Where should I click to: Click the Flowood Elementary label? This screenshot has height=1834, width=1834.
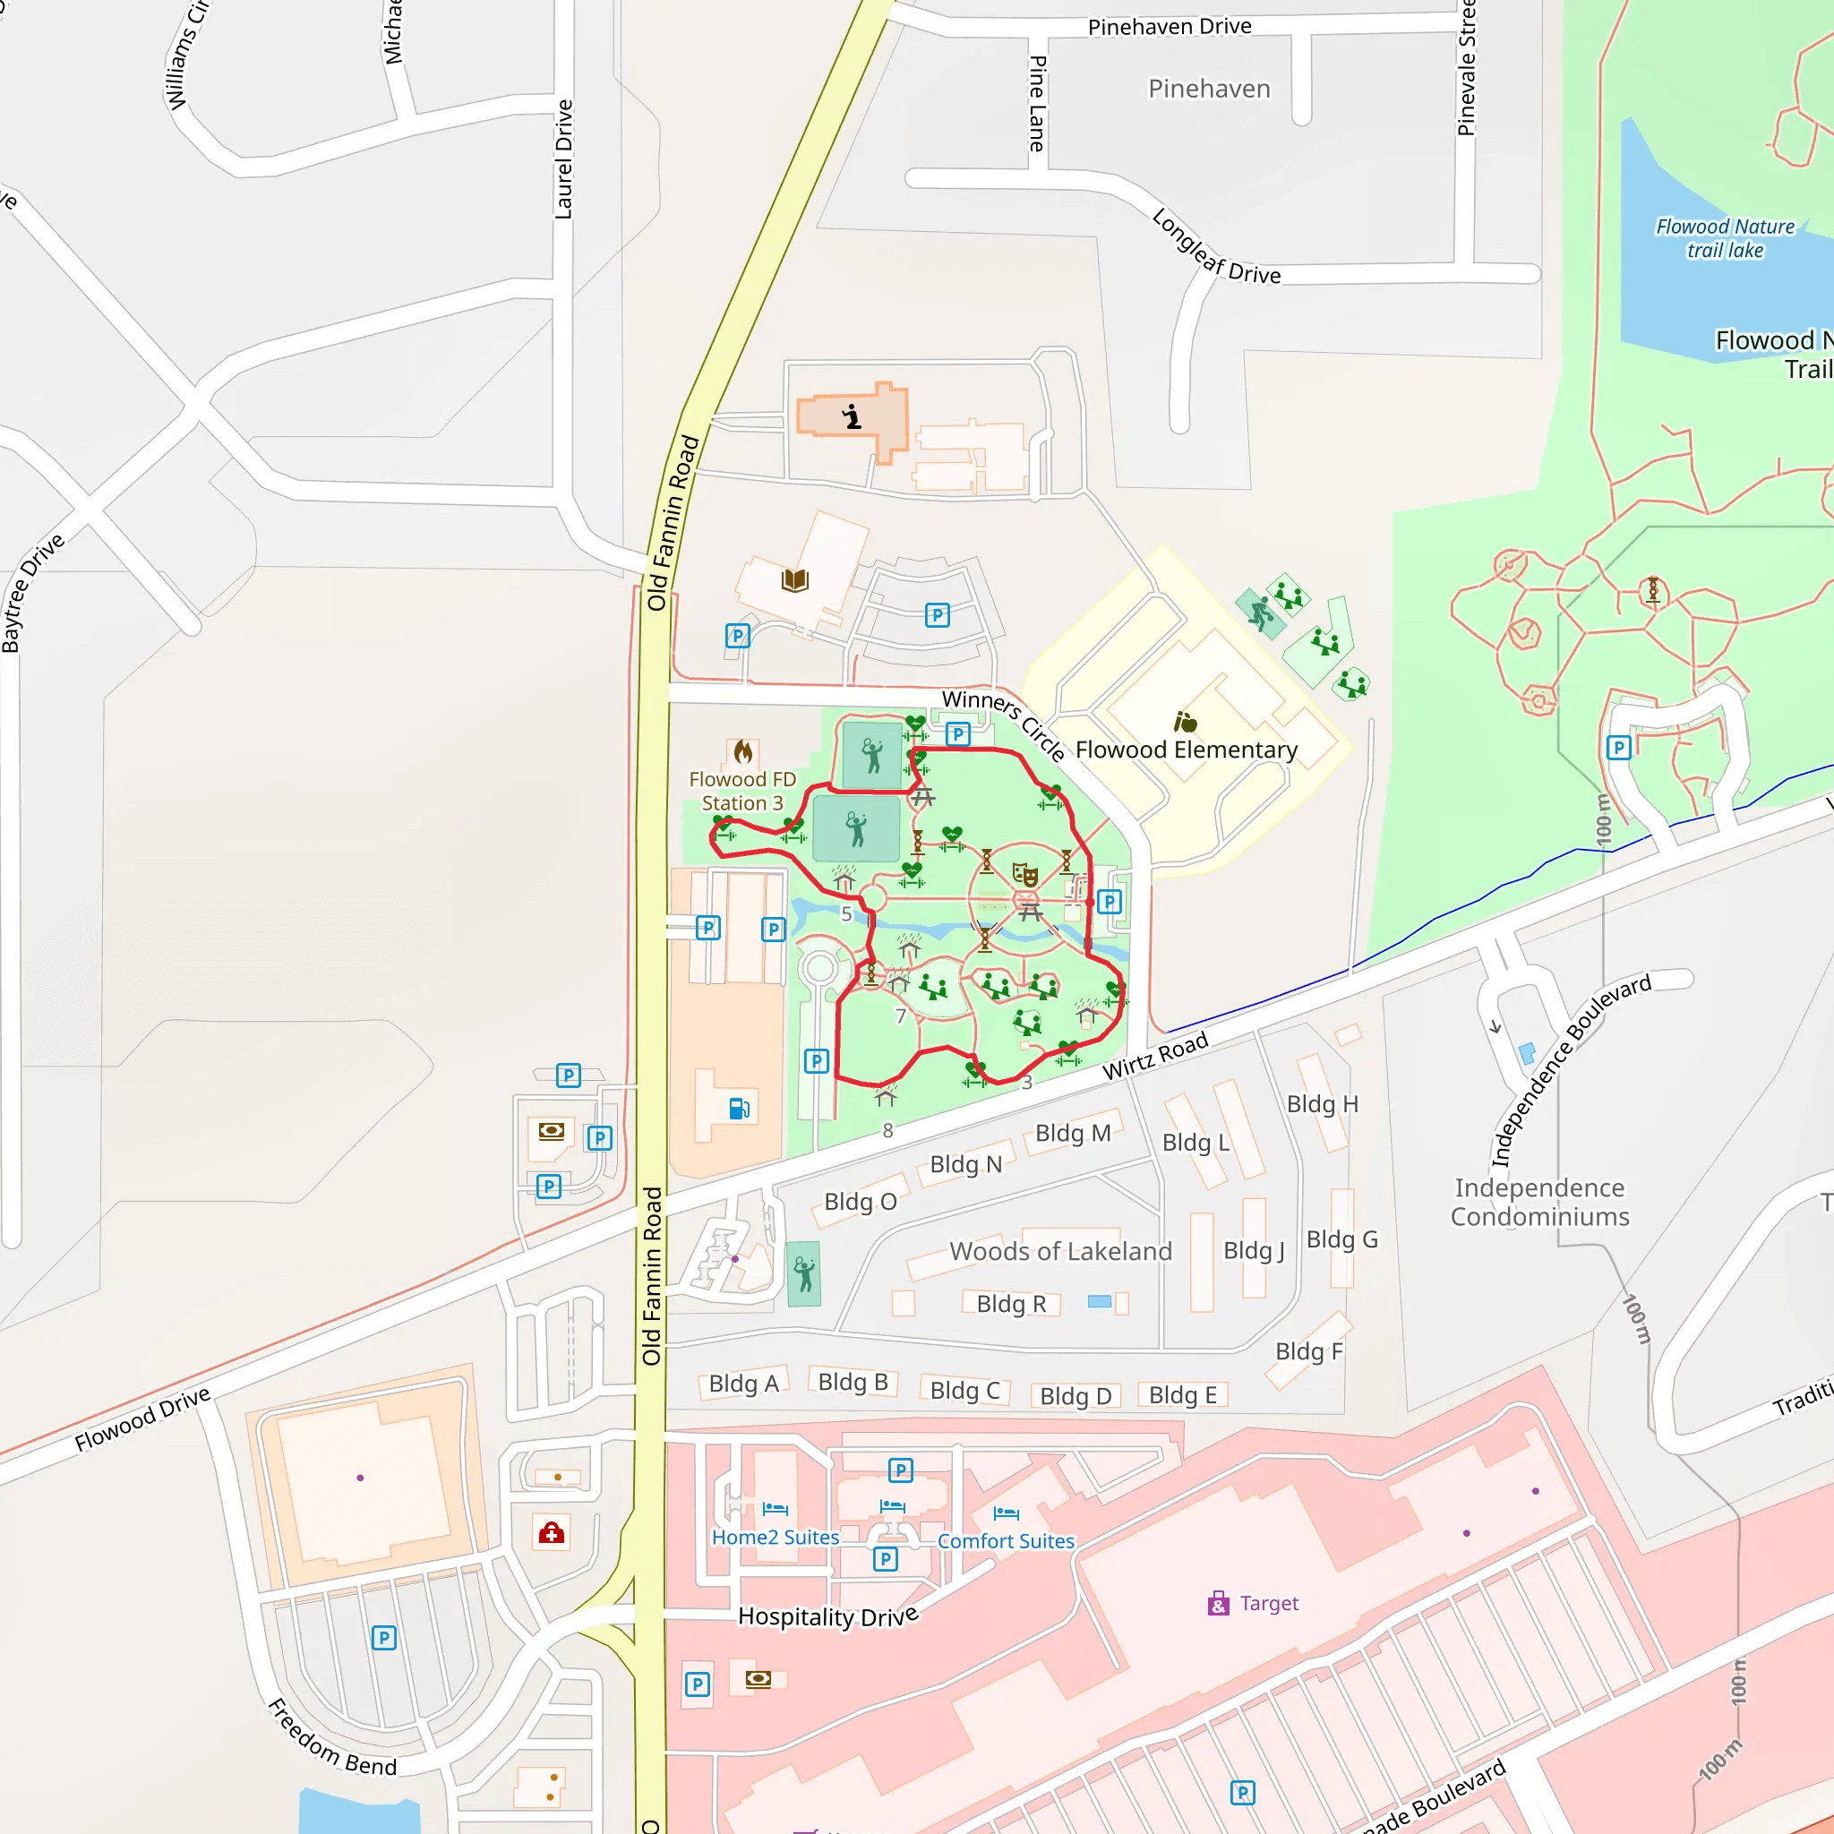[x=1186, y=750]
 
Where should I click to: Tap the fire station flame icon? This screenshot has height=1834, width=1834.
[x=743, y=753]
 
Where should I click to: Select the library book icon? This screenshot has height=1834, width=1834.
[x=794, y=580]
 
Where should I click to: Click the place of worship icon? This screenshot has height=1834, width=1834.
[x=853, y=416]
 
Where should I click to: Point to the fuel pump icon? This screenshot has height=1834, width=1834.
[x=740, y=1108]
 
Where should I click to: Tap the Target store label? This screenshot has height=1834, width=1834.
[x=1268, y=1603]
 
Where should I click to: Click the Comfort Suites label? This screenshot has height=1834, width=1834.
[x=1006, y=1540]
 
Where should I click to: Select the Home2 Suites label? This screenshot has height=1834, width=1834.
[x=776, y=1537]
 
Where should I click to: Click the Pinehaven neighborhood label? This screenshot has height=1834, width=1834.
[x=1208, y=90]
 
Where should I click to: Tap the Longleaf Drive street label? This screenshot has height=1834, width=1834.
[x=1215, y=249]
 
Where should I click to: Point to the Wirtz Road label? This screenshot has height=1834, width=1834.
[x=1154, y=1057]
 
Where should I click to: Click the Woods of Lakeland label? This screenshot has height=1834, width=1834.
[x=1060, y=1251]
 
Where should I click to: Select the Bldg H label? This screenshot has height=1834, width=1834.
[x=1323, y=1104]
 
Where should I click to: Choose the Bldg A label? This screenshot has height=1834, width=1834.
[x=743, y=1383]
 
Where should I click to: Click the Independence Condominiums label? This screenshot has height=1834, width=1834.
[x=1538, y=1202]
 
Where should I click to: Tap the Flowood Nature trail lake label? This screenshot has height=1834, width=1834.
[x=1725, y=238]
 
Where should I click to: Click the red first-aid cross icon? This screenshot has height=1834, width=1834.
[x=552, y=1532]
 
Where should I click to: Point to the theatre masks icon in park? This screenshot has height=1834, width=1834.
[x=1024, y=873]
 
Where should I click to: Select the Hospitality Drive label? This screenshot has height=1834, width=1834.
[x=827, y=1616]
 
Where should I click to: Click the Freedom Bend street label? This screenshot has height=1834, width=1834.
[x=331, y=1739]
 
